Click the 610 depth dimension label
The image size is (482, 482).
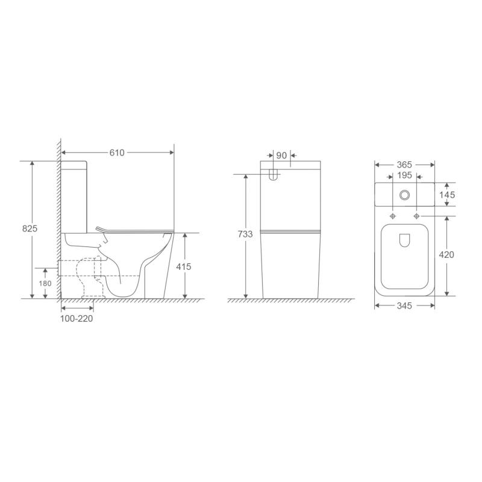click(116, 153)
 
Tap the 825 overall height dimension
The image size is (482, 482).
click(30, 228)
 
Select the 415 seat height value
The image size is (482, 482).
click(184, 266)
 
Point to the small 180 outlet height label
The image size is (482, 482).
click(45, 283)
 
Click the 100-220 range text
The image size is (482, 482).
click(77, 319)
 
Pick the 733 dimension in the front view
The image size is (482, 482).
click(245, 234)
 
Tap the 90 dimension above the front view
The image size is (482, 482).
click(281, 155)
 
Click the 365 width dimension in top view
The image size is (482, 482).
click(404, 164)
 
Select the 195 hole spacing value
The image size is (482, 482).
click(404, 175)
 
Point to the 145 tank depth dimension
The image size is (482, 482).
click(446, 195)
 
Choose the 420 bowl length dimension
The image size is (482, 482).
click(446, 255)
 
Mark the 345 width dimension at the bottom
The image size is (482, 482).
click(404, 306)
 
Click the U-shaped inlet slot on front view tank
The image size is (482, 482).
click(273, 175)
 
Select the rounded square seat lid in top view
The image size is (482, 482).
click(404, 256)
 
